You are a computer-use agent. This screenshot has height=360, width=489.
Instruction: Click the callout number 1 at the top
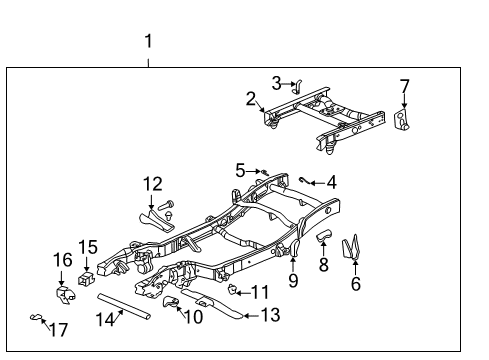coord(148,41)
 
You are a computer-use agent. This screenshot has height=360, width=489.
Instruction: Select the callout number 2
coord(252,98)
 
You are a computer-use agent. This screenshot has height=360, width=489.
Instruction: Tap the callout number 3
coord(277,83)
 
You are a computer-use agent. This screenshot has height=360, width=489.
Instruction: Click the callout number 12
coord(152,183)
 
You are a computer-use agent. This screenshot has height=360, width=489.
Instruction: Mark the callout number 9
coord(293,282)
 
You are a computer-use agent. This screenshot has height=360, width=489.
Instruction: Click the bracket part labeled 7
coord(402,121)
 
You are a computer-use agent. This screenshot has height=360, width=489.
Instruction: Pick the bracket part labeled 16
coord(64,297)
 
